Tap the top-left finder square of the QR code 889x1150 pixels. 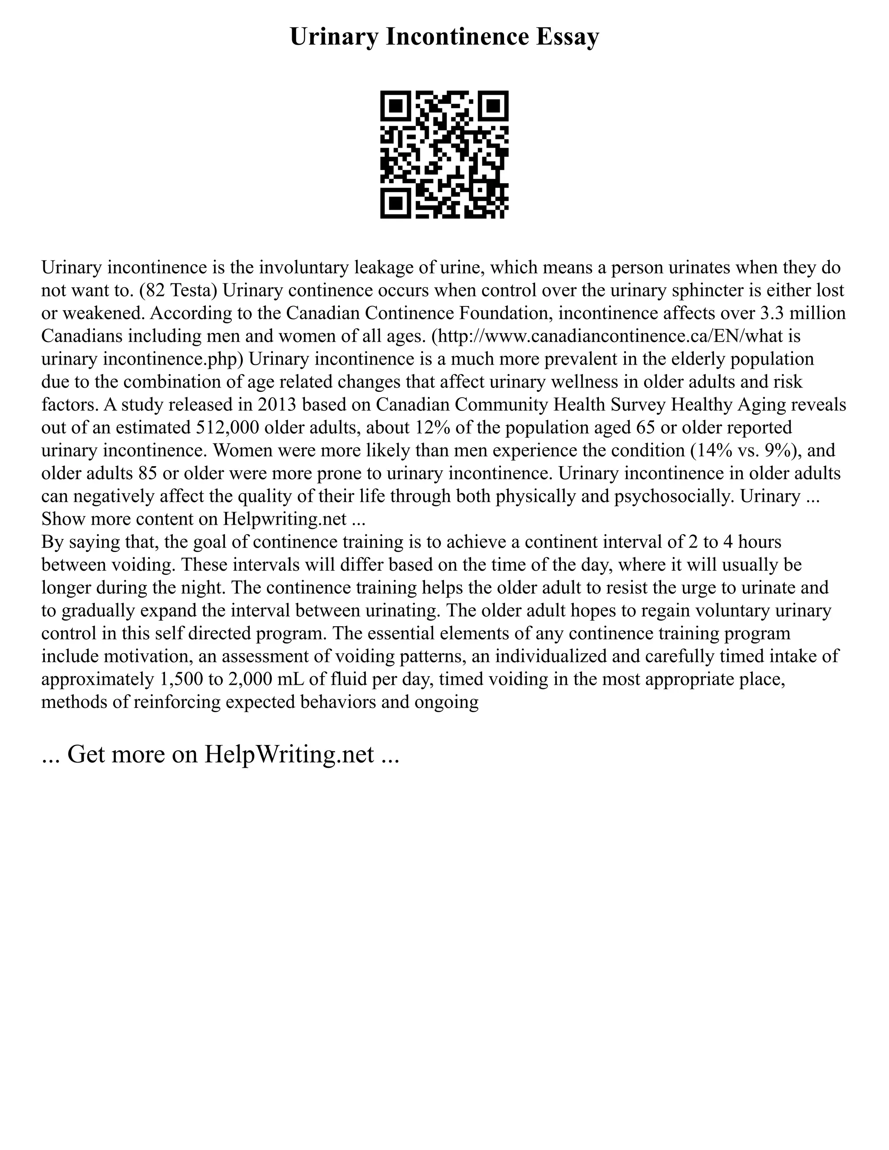395,106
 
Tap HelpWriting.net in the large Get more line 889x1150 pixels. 289,754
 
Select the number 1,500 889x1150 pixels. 180,679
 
